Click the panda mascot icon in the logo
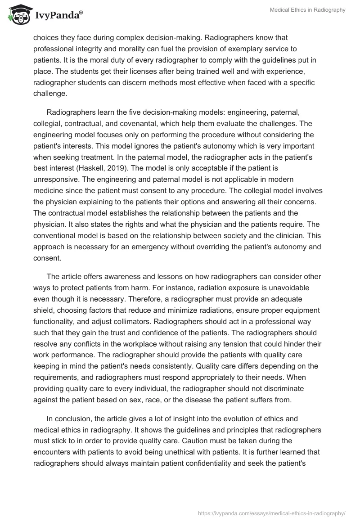click(x=18, y=15)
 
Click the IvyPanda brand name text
click(x=57, y=15)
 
